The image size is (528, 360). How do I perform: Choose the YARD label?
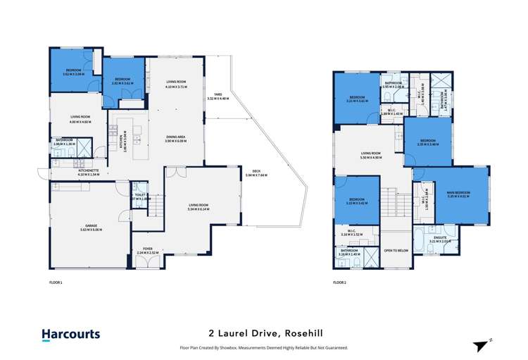[218, 97]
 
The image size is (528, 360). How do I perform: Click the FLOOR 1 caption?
[56, 282]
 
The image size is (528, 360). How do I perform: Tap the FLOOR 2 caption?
[341, 282]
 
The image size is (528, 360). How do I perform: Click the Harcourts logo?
[70, 335]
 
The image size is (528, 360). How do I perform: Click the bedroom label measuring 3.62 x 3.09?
[75, 71]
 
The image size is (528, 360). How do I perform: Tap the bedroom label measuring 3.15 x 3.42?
[358, 201]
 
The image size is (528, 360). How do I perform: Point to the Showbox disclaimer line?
[264, 347]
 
